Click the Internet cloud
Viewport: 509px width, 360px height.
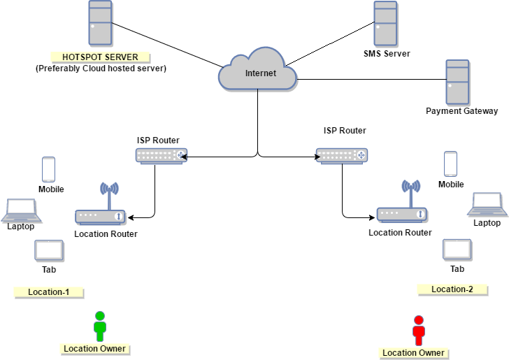pos(258,70)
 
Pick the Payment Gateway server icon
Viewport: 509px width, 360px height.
pos(458,82)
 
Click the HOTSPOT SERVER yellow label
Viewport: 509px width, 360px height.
pos(100,57)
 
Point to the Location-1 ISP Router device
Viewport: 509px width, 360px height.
pos(162,156)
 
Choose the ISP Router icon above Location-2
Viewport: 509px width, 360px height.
pos(341,156)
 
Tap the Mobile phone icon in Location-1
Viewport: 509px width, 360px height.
pos(48,169)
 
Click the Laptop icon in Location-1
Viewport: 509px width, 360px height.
pos(20,209)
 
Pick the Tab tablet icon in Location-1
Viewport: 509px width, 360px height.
pos(49,250)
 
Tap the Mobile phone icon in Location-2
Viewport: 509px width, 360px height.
pos(451,164)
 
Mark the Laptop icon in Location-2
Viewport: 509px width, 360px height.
pos(487,203)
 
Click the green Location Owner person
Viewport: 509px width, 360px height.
pos(100,326)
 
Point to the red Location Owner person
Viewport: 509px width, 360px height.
pos(419,331)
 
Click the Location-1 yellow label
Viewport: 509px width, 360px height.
pos(48,292)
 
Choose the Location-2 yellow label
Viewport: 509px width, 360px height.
pos(452,289)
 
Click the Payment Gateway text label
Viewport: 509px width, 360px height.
pos(461,111)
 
